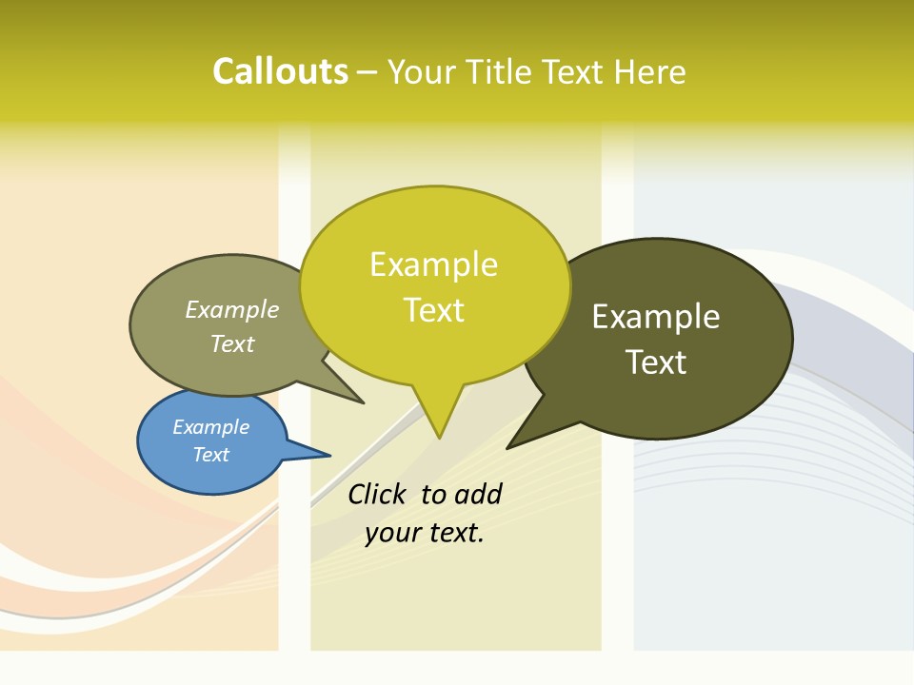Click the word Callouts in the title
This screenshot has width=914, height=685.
[280, 71]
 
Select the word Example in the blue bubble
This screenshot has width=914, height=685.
[210, 427]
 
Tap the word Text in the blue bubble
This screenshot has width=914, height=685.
[210, 455]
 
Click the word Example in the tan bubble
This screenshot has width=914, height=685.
[231, 310]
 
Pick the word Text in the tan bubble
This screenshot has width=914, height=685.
[231, 343]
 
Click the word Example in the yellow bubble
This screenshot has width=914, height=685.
[433, 264]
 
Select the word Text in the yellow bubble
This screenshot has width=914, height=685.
[433, 310]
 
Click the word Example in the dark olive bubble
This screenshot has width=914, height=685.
[656, 317]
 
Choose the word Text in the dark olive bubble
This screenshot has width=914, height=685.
[656, 362]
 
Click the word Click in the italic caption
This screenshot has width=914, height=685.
[376, 494]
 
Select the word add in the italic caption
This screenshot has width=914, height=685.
[478, 494]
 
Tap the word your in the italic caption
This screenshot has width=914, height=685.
[390, 533]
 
